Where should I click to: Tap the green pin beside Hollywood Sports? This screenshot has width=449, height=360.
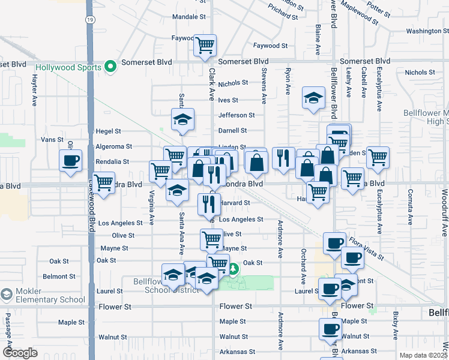pyautogui.click(x=110, y=67)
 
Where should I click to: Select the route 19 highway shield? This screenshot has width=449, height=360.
pyautogui.click(x=89, y=20)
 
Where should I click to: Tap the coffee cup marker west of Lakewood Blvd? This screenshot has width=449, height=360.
pyautogui.click(x=71, y=160)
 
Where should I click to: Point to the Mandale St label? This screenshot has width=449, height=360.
pyautogui.click(x=189, y=17)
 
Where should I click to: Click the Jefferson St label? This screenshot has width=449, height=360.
pyautogui.click(x=237, y=115)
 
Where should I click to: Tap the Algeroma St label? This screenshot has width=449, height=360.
pyautogui.click(x=113, y=146)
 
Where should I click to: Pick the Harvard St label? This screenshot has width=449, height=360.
pyautogui.click(x=235, y=203)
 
